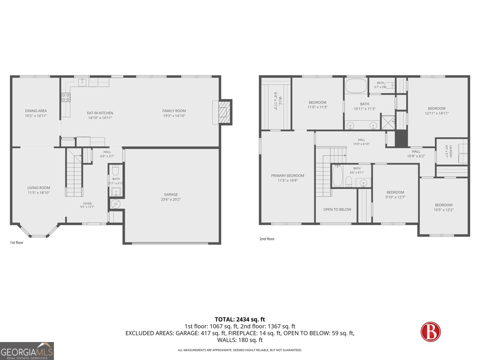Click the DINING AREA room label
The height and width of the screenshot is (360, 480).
point(36,111)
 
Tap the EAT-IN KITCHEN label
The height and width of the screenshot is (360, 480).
point(100,113)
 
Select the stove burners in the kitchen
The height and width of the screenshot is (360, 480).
point(66,97)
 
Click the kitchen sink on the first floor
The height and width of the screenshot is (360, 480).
point(82,82)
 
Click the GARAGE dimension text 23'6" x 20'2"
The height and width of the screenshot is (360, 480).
point(171,199)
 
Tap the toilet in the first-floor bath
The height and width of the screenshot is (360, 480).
point(115,170)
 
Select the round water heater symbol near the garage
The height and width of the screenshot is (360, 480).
point(115,204)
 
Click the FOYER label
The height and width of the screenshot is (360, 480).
point(87,203)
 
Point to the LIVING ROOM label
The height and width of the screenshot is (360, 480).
point(39,188)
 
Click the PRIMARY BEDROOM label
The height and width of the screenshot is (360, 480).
point(288,176)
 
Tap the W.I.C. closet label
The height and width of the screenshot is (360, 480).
point(280,101)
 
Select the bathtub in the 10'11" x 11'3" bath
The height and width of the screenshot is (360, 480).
point(356,86)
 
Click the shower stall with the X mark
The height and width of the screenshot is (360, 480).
point(388,122)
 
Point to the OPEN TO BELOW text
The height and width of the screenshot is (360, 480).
point(337,210)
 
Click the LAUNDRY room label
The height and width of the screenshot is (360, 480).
point(451,151)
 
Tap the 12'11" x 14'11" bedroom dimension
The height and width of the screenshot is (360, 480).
point(436,113)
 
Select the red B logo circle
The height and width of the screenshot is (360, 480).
point(430,331)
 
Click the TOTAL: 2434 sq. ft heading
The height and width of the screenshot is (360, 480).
point(240,319)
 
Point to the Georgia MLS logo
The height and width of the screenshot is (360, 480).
point(27,351)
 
